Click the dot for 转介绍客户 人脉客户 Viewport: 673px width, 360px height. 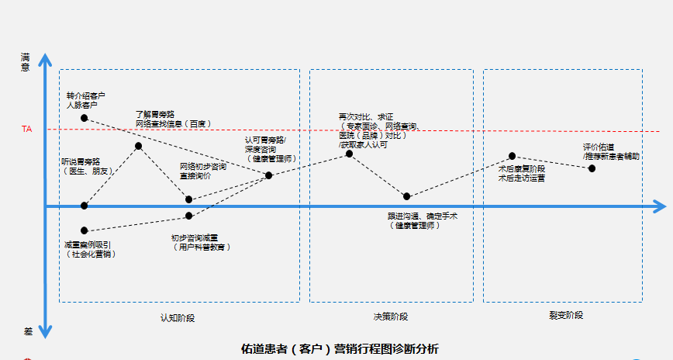84,118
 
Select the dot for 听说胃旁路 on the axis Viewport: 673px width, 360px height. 84,206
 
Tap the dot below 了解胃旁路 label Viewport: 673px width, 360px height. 139,146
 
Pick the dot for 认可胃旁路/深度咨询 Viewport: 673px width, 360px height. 269,175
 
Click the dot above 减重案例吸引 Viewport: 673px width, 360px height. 84,230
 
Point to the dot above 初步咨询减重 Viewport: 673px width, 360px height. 189,216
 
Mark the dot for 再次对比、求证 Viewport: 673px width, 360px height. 349,154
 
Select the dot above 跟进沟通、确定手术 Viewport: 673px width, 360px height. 407,196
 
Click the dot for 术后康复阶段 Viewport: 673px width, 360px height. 512,156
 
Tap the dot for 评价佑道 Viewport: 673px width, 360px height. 592,168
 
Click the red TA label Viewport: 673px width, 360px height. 27,130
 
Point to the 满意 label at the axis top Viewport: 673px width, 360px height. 26,62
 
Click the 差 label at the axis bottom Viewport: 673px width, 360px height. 27,331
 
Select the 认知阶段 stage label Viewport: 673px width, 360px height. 178,317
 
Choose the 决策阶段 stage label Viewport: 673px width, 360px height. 390,317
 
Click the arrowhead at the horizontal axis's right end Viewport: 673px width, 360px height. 661,206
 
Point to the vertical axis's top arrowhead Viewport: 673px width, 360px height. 45,59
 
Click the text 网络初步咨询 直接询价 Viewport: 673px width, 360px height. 203,171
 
